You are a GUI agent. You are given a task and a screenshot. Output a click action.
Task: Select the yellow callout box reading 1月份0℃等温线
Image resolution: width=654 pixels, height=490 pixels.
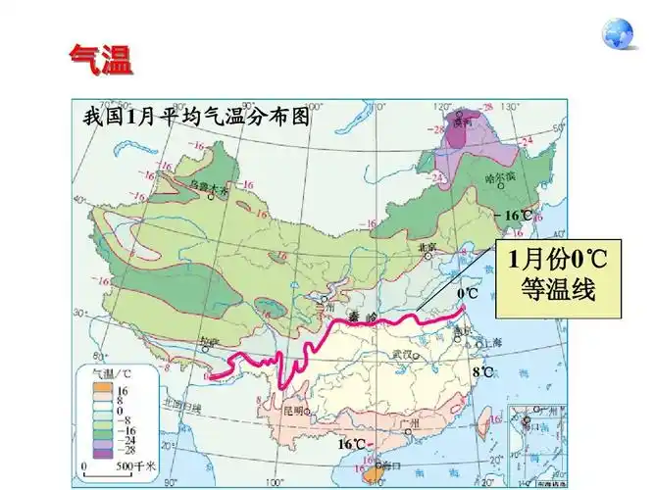tap(559, 277)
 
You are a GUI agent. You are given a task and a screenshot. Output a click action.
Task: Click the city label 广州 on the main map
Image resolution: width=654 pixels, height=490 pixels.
tap(410, 422)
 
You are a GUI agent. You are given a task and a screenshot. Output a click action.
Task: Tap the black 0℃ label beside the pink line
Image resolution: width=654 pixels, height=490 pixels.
tap(467, 293)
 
